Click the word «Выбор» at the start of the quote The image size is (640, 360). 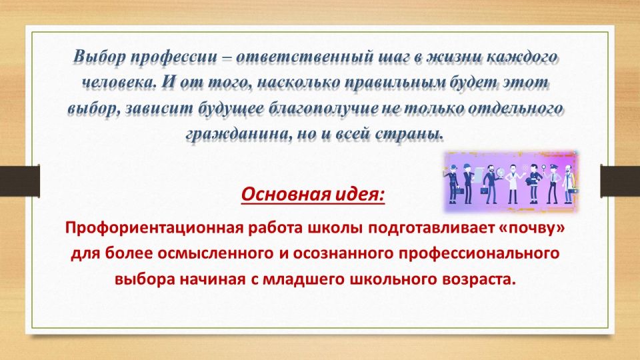[x=99, y=57]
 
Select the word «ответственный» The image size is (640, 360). [x=305, y=57]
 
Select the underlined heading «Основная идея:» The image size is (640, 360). [x=313, y=194]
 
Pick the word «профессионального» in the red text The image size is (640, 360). [x=479, y=253]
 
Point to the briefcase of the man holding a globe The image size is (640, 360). [x=484, y=190]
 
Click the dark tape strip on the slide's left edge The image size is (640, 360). [x=19, y=181]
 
